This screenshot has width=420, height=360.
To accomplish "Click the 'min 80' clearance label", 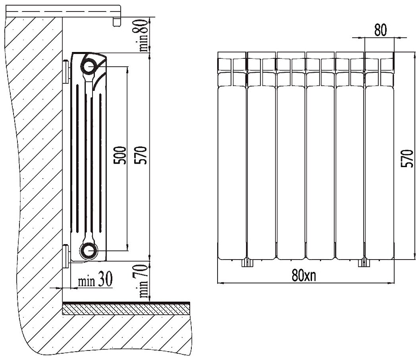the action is coord(144,35).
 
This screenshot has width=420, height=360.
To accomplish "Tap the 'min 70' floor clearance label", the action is coord(144,283).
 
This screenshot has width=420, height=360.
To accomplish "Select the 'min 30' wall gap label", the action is coord(94,281).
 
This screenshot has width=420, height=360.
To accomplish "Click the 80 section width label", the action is coord(380,30).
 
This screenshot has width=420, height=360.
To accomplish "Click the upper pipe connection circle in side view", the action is coord(89,65).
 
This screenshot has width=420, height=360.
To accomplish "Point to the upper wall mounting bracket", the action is coord(65,71).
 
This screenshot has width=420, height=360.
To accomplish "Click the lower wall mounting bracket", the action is coord(65,256).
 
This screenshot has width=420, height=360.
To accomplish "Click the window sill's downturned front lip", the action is coord(116,21).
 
